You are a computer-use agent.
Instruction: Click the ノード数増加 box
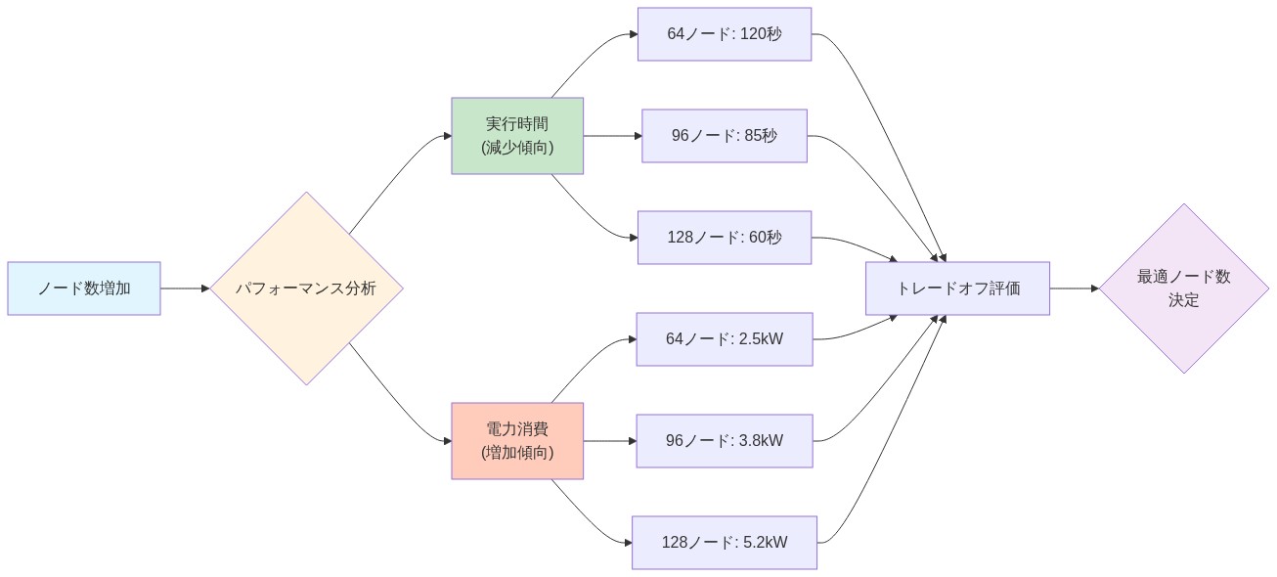point(84,288)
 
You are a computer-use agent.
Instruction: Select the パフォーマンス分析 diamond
point(306,288)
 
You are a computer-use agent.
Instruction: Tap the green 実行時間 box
point(517,136)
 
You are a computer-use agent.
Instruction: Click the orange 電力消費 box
point(517,441)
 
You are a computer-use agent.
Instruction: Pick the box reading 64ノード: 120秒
point(725,34)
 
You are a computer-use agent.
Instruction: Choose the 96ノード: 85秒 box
point(725,136)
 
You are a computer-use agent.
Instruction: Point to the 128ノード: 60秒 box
point(725,238)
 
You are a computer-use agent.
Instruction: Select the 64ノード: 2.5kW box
point(725,339)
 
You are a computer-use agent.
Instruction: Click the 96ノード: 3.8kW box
point(725,441)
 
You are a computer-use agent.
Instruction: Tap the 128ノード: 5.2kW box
point(725,543)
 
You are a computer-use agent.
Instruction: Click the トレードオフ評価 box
point(957,288)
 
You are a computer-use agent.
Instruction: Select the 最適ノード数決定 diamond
point(1184,288)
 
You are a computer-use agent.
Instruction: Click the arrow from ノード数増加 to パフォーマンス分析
point(186,288)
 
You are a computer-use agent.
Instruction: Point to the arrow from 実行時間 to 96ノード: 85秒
point(612,136)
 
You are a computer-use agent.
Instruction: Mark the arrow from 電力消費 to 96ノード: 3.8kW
point(609,441)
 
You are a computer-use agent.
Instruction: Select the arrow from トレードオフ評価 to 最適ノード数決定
point(1075,288)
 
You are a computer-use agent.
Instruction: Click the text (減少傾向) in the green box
point(517,148)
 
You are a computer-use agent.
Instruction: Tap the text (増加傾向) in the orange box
point(517,453)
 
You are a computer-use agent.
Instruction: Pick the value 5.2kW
point(766,543)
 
